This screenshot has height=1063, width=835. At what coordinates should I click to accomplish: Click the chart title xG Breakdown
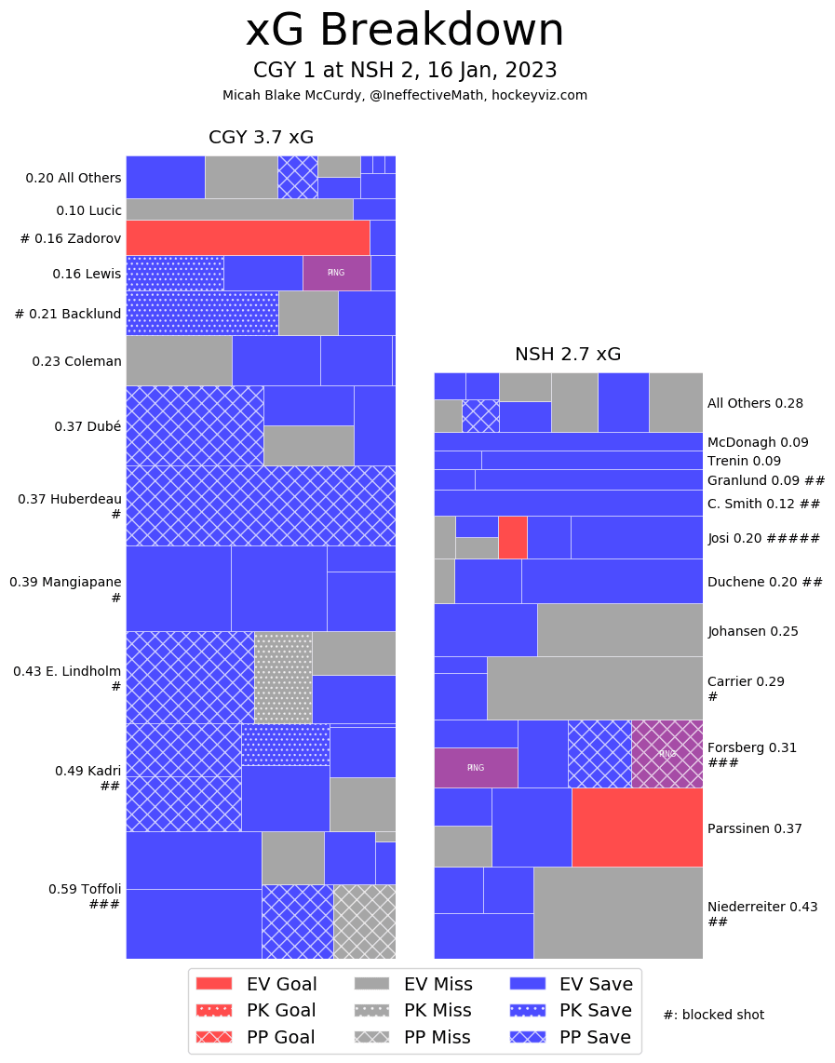(404, 32)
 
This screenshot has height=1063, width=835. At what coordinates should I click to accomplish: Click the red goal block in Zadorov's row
(248, 237)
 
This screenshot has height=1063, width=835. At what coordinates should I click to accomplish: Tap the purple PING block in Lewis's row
(336, 273)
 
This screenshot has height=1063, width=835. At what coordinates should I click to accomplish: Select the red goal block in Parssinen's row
(637, 828)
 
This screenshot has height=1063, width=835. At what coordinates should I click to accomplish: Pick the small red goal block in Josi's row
(512, 537)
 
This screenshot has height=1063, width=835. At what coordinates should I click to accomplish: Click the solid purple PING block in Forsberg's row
(476, 768)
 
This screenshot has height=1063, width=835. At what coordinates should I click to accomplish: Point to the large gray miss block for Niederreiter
(617, 912)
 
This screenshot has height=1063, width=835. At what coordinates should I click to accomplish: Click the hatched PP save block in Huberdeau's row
(261, 505)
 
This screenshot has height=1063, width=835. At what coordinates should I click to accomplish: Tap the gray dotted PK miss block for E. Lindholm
(283, 677)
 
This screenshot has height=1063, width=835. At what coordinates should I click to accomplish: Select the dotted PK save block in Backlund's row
(202, 313)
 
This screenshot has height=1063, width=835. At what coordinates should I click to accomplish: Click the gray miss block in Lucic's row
(239, 209)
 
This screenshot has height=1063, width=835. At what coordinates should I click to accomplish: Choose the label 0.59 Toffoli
(85, 889)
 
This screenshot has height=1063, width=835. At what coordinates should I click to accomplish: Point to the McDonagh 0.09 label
(758, 443)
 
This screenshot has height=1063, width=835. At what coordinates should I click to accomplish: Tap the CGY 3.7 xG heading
(261, 138)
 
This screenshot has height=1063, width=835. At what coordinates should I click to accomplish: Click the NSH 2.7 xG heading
(568, 355)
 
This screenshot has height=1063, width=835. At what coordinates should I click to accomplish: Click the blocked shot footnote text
(713, 1015)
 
